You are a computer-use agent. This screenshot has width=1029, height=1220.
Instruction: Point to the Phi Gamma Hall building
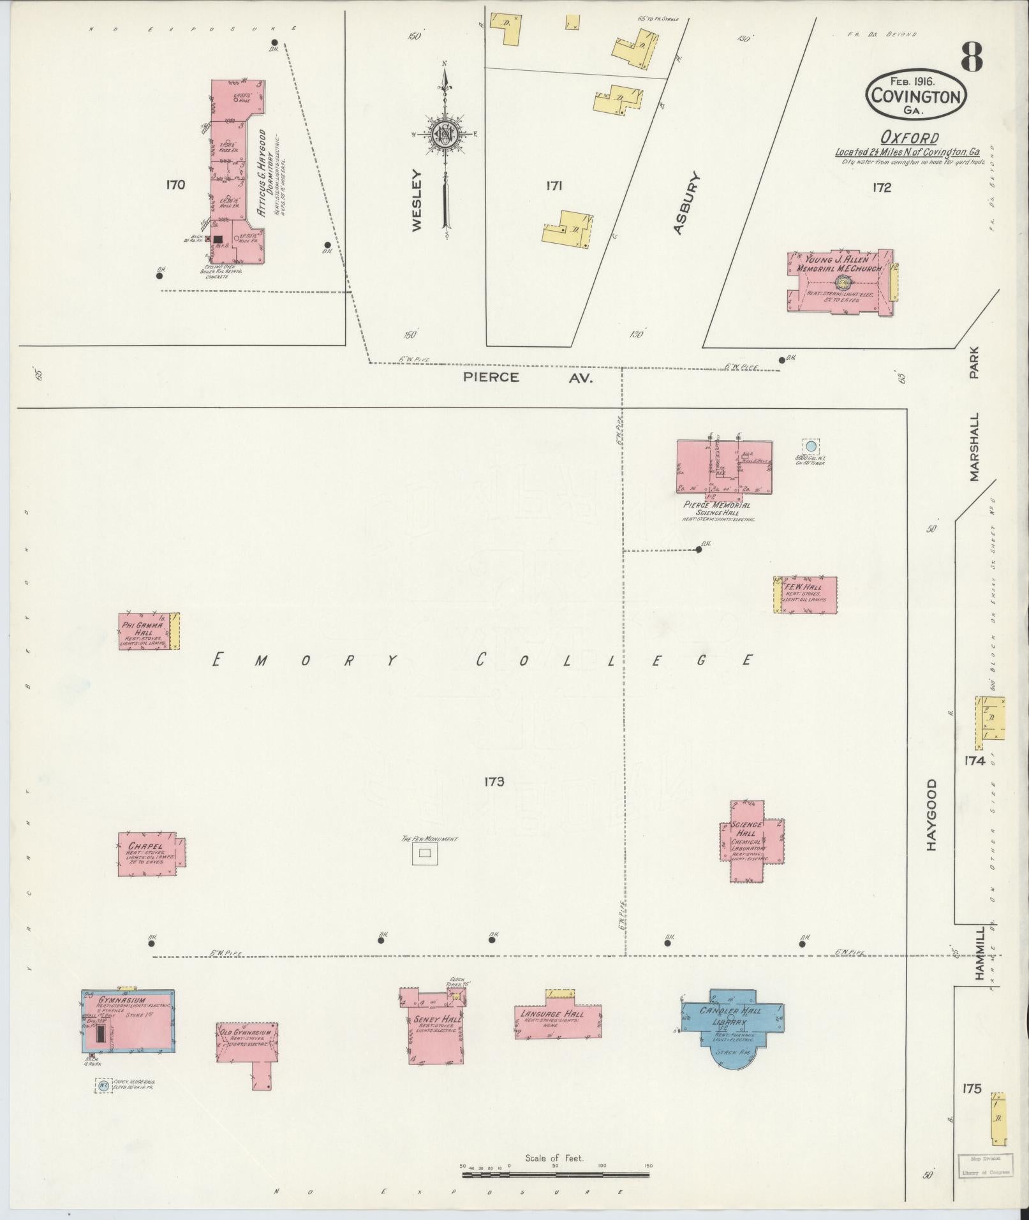(145, 631)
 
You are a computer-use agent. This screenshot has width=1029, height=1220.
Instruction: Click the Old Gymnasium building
(246, 1036)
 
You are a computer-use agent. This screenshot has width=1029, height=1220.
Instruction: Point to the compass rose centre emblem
(443, 134)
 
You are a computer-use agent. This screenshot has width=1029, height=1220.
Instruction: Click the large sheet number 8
(970, 57)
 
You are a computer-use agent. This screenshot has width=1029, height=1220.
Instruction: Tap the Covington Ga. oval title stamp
(915, 95)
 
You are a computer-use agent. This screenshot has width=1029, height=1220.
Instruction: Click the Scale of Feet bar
(555, 1173)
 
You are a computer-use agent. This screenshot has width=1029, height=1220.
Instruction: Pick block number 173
(494, 781)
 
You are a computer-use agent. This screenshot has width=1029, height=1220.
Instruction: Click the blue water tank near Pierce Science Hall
(810, 446)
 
